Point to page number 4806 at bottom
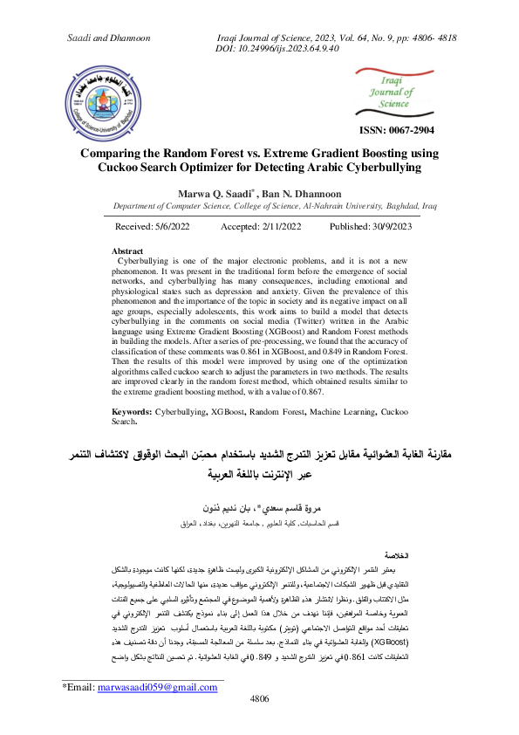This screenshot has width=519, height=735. coord(259,724)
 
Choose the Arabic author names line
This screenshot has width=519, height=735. coord(260,507)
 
